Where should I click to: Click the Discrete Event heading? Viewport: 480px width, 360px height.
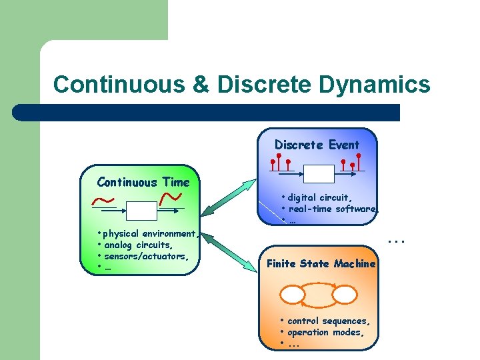point(317,145)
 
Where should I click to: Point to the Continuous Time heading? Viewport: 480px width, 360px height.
point(143,182)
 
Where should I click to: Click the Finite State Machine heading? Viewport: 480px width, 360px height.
point(321,263)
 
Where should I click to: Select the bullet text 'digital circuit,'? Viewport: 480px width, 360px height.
point(319,197)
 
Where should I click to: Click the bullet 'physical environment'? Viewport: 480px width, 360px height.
point(150,234)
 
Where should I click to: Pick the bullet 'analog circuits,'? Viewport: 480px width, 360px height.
point(138,245)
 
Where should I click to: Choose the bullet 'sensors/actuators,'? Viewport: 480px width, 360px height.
point(146,256)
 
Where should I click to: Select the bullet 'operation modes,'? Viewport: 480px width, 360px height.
point(325,332)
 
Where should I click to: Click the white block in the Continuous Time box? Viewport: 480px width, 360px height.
point(141,211)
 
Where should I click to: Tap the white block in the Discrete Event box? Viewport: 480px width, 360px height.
point(317,173)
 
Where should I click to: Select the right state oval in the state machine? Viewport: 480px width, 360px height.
point(344,294)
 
